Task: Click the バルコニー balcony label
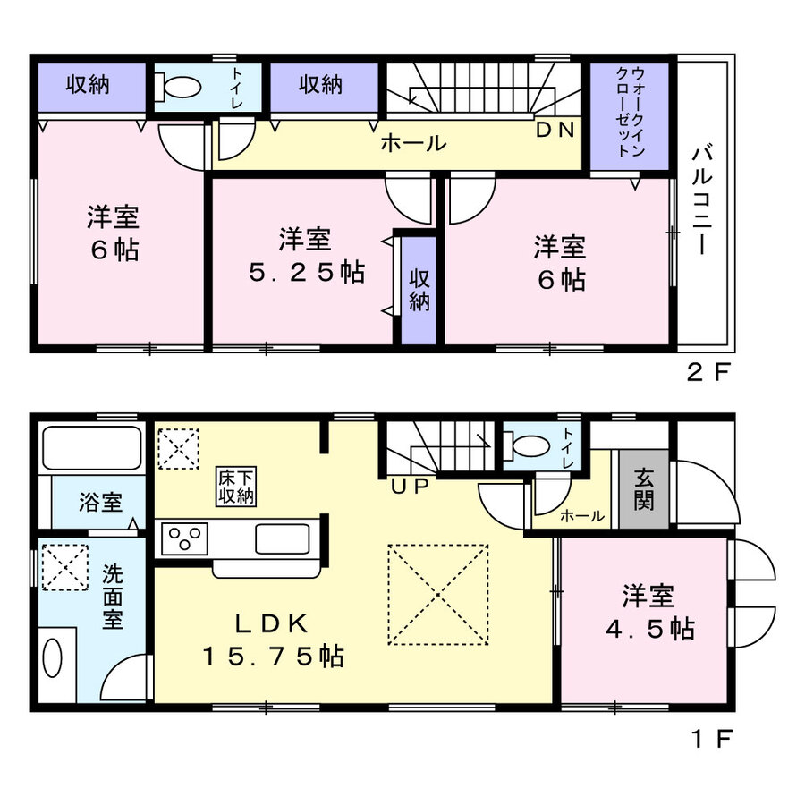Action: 701,201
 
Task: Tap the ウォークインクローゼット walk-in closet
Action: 630,115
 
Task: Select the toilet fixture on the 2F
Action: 178,88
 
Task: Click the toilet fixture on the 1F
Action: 526,445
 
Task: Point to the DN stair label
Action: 555,130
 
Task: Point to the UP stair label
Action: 410,486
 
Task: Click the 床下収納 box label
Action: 236,487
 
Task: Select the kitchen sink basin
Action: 283,539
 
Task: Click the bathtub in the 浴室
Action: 92,447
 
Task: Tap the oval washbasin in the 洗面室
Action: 53,658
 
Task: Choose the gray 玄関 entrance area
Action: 644,488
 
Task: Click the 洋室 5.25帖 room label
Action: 307,255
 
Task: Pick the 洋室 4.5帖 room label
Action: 650,612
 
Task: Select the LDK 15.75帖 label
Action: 273,640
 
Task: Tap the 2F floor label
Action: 708,372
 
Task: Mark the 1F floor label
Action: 712,739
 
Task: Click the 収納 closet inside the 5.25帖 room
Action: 419,291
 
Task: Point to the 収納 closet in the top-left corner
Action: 92,87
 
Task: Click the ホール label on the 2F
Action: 412,143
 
